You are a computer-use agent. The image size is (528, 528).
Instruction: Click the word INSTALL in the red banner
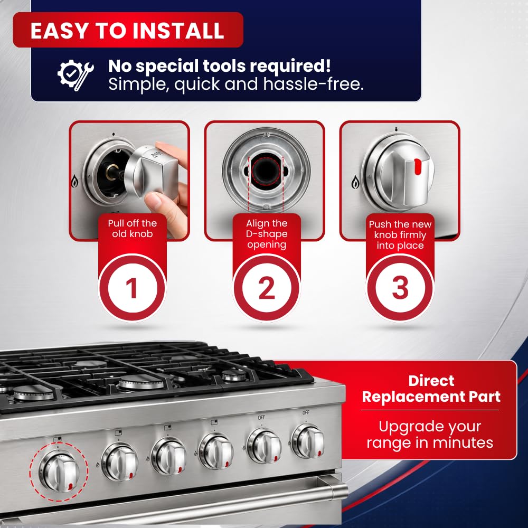pos(178,31)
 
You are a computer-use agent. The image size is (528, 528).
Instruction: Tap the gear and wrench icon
pos(76,75)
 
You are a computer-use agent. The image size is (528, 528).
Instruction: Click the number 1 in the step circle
pos(131,288)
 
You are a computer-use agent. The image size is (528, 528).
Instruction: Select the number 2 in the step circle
pos(267,288)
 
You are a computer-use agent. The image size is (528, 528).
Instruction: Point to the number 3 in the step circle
pos(400,288)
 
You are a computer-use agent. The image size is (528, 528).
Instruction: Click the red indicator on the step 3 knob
pos(418,167)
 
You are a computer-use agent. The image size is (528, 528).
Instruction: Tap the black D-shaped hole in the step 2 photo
pos(266,171)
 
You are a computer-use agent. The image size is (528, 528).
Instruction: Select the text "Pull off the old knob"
pos(133,229)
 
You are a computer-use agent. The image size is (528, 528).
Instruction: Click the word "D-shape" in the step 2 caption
pos(267,234)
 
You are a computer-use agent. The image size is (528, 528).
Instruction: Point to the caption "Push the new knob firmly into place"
pos(400,235)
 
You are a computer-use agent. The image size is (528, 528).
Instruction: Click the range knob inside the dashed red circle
pos(60,471)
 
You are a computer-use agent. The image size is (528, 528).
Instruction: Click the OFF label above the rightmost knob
pos(306,412)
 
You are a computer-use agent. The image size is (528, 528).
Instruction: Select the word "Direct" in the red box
pos(431,381)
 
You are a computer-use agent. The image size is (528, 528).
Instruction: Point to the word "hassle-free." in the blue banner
pos(314,84)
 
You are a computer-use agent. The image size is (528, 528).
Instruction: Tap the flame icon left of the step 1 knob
pos(74,182)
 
